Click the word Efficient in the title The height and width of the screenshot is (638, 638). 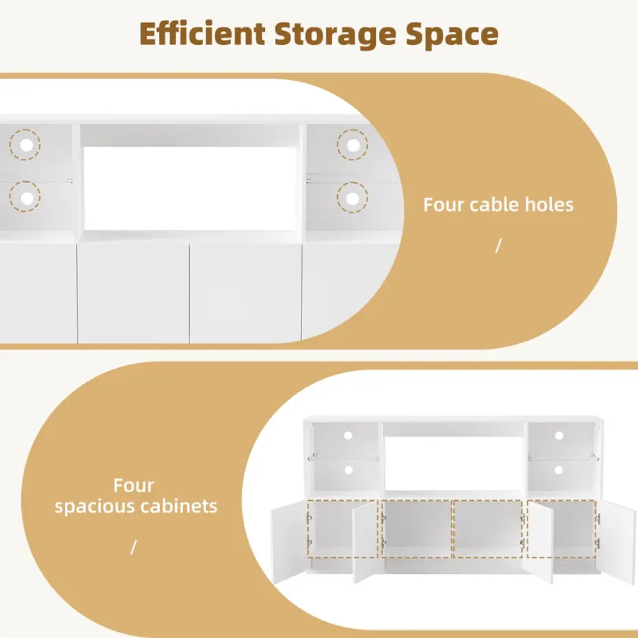[202, 34]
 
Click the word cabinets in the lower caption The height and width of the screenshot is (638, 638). [179, 506]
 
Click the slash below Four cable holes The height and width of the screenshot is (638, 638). [498, 245]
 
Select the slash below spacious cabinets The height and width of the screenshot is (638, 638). [133, 547]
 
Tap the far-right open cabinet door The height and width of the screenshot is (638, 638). [618, 543]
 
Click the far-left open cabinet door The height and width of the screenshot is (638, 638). [289, 543]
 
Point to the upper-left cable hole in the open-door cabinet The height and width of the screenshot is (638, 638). [348, 436]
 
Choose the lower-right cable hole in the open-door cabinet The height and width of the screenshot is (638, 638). [558, 470]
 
